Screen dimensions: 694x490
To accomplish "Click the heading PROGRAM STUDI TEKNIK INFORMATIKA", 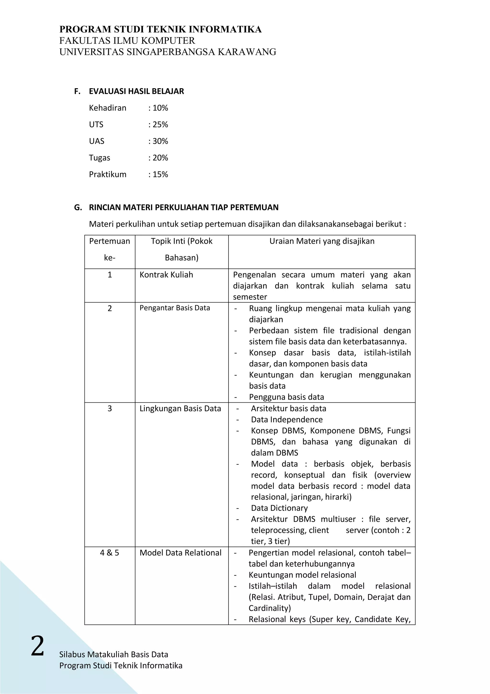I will [x=160, y=29].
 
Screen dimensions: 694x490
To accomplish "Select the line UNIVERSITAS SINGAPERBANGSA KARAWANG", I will [x=167, y=52].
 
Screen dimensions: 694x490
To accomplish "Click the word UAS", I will [x=97, y=141].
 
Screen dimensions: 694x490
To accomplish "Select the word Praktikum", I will [x=107, y=174].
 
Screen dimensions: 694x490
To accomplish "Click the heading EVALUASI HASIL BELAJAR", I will [x=136, y=91].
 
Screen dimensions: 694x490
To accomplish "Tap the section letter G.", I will [x=77, y=207].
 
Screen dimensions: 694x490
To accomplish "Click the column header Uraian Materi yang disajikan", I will [x=322, y=241].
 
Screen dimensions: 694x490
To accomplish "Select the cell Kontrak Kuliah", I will [x=166, y=275].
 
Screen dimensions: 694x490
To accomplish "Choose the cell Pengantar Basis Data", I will [x=174, y=308].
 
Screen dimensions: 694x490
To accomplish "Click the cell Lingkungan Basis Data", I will [x=180, y=409].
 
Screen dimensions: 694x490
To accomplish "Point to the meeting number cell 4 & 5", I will [x=110, y=553].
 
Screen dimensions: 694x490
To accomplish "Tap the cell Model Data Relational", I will [x=180, y=553].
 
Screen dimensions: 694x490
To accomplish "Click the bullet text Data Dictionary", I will [x=279, y=508].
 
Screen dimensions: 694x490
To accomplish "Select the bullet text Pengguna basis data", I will [x=286, y=397].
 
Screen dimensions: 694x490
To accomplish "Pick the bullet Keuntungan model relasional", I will [x=302, y=575].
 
